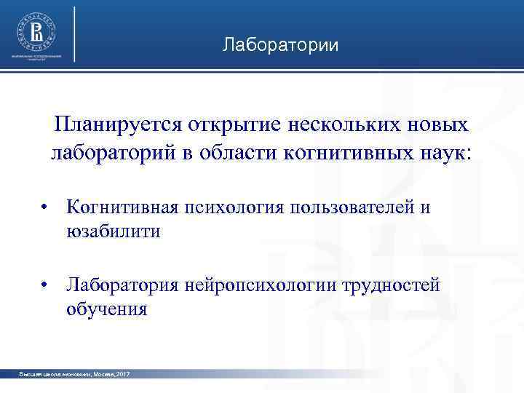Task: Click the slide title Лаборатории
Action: click(x=280, y=46)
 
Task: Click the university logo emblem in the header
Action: click(x=36, y=31)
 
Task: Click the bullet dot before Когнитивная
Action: click(x=45, y=207)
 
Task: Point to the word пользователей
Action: click(x=353, y=207)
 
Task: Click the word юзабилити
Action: click(x=112, y=231)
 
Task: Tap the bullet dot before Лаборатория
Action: click(x=45, y=285)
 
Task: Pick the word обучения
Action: click(x=107, y=309)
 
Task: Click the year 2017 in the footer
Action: click(x=122, y=373)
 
